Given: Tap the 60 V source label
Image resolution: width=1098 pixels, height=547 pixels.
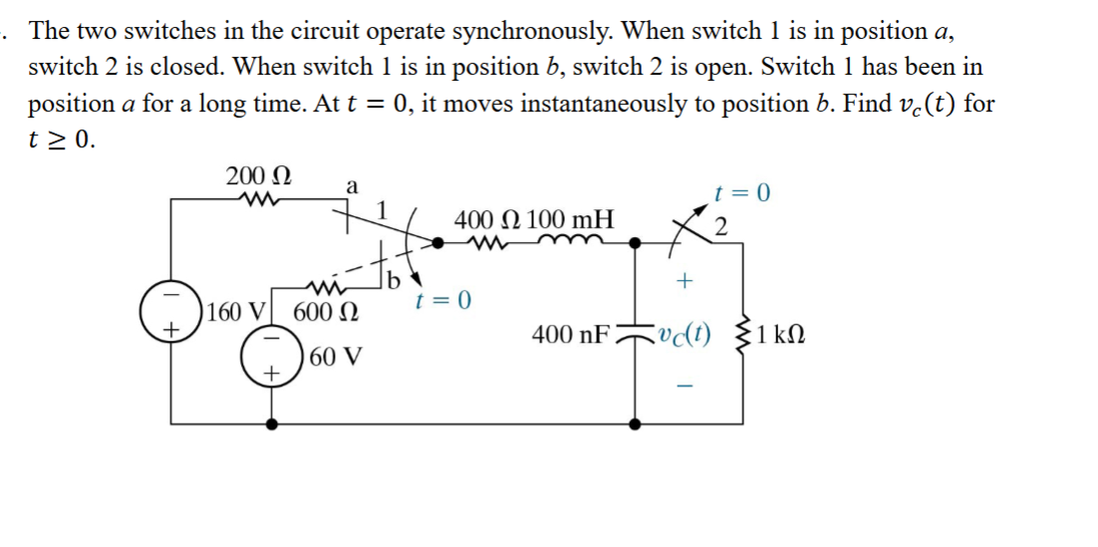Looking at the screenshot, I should click(334, 357).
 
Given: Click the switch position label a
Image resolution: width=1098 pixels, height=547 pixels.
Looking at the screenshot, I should click(351, 185).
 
